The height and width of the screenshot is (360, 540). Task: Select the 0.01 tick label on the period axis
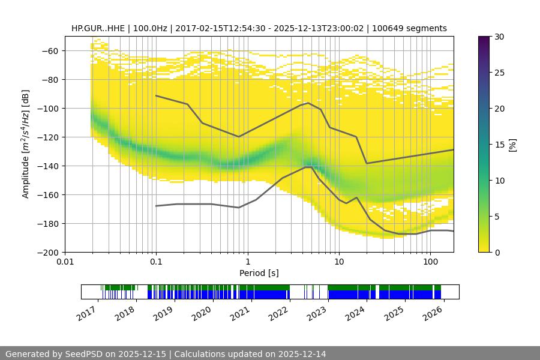(65, 262)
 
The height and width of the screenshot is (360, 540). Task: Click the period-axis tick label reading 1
(247, 262)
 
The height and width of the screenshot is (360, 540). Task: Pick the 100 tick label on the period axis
(430, 262)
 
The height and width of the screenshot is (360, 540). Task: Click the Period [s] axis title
(259, 273)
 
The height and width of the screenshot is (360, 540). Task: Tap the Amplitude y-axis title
(26, 144)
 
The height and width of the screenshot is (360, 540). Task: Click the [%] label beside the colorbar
(512, 145)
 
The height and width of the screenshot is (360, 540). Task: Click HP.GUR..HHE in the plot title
(97, 28)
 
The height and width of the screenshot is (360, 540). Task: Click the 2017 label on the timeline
(87, 313)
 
